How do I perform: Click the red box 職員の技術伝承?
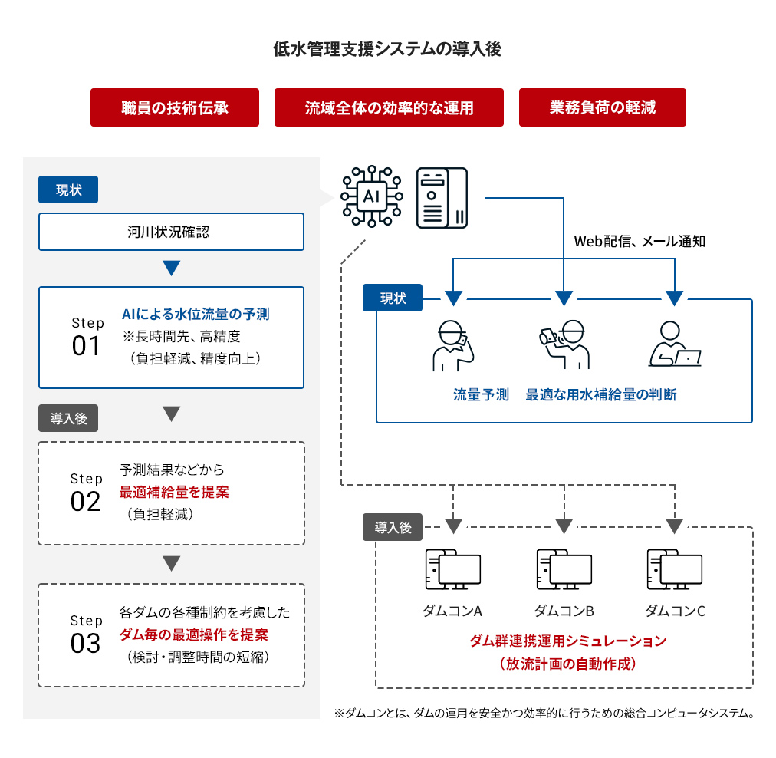pos(175,107)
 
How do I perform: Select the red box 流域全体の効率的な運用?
pos(389,107)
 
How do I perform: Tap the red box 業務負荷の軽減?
pos(602,107)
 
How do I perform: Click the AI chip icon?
pos(371,196)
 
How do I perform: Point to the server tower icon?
pos(442,198)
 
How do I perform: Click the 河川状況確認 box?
pos(171,232)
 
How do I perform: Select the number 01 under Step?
pos(87,346)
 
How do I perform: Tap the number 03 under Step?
pos(86,643)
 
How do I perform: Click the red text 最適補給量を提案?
pos(174,492)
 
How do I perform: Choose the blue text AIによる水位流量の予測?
pos(196,315)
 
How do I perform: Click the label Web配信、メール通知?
pos(640,241)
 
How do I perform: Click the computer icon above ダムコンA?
pos(452,569)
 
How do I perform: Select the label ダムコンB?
pos(564,611)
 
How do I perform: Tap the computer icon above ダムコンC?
pos(675,569)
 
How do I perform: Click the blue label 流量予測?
pos(481,395)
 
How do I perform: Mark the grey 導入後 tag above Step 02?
pos(68,418)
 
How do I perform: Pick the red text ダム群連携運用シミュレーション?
pos(567,641)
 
